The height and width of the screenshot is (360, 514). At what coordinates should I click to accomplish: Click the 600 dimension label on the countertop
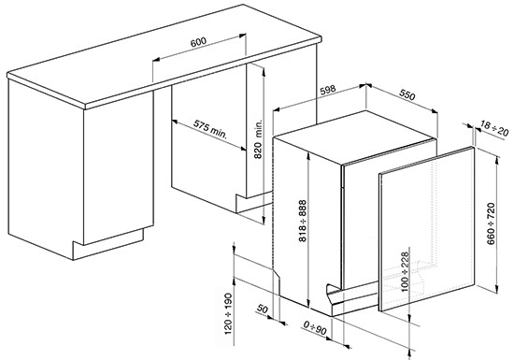coord(199,42)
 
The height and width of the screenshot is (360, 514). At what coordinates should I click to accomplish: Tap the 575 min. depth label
coord(210,130)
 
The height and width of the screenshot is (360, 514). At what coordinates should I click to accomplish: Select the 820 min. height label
coord(259,139)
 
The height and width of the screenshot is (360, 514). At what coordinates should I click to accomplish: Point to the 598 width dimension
coord(327,90)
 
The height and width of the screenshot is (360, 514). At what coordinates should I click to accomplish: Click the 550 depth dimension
coord(407,94)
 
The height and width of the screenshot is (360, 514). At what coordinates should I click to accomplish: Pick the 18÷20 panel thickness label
coord(494,128)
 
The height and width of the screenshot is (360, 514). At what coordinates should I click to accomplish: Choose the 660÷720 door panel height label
coord(491,223)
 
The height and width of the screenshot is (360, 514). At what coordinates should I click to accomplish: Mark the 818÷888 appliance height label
coord(302,221)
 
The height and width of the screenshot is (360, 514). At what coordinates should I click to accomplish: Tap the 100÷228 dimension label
coord(406,272)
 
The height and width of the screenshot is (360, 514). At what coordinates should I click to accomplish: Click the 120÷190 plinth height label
coord(228,314)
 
